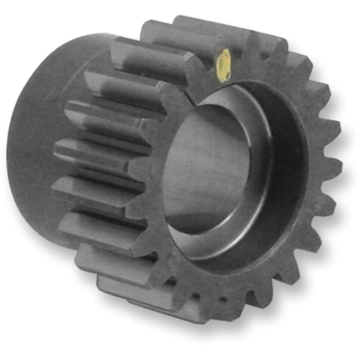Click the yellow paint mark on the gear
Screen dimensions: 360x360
(x=224, y=65)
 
